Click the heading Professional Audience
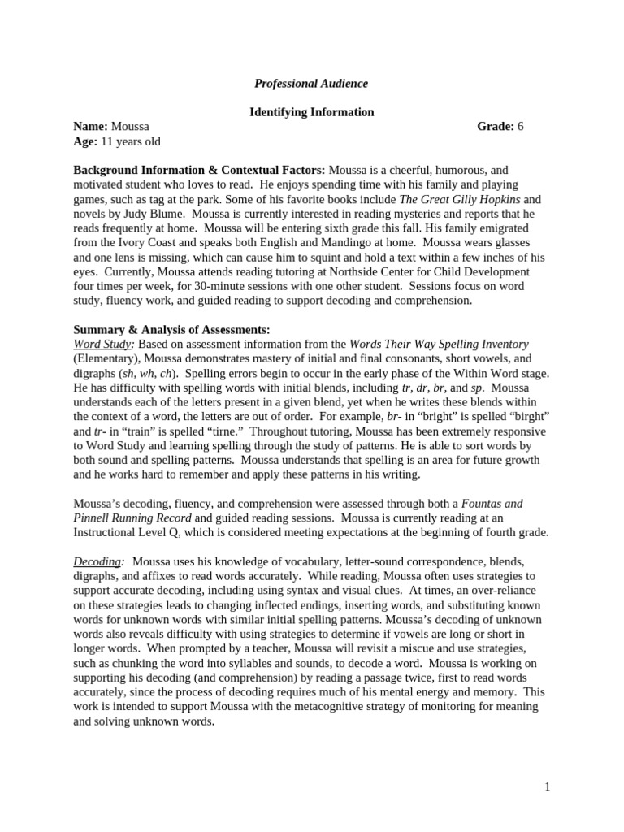point(311,83)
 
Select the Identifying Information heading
point(311,112)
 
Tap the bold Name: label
point(90,127)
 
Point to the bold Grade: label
point(495,127)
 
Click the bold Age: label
point(85,141)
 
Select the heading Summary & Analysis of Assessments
point(171,329)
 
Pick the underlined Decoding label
point(97,561)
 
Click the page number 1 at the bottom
point(548,786)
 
